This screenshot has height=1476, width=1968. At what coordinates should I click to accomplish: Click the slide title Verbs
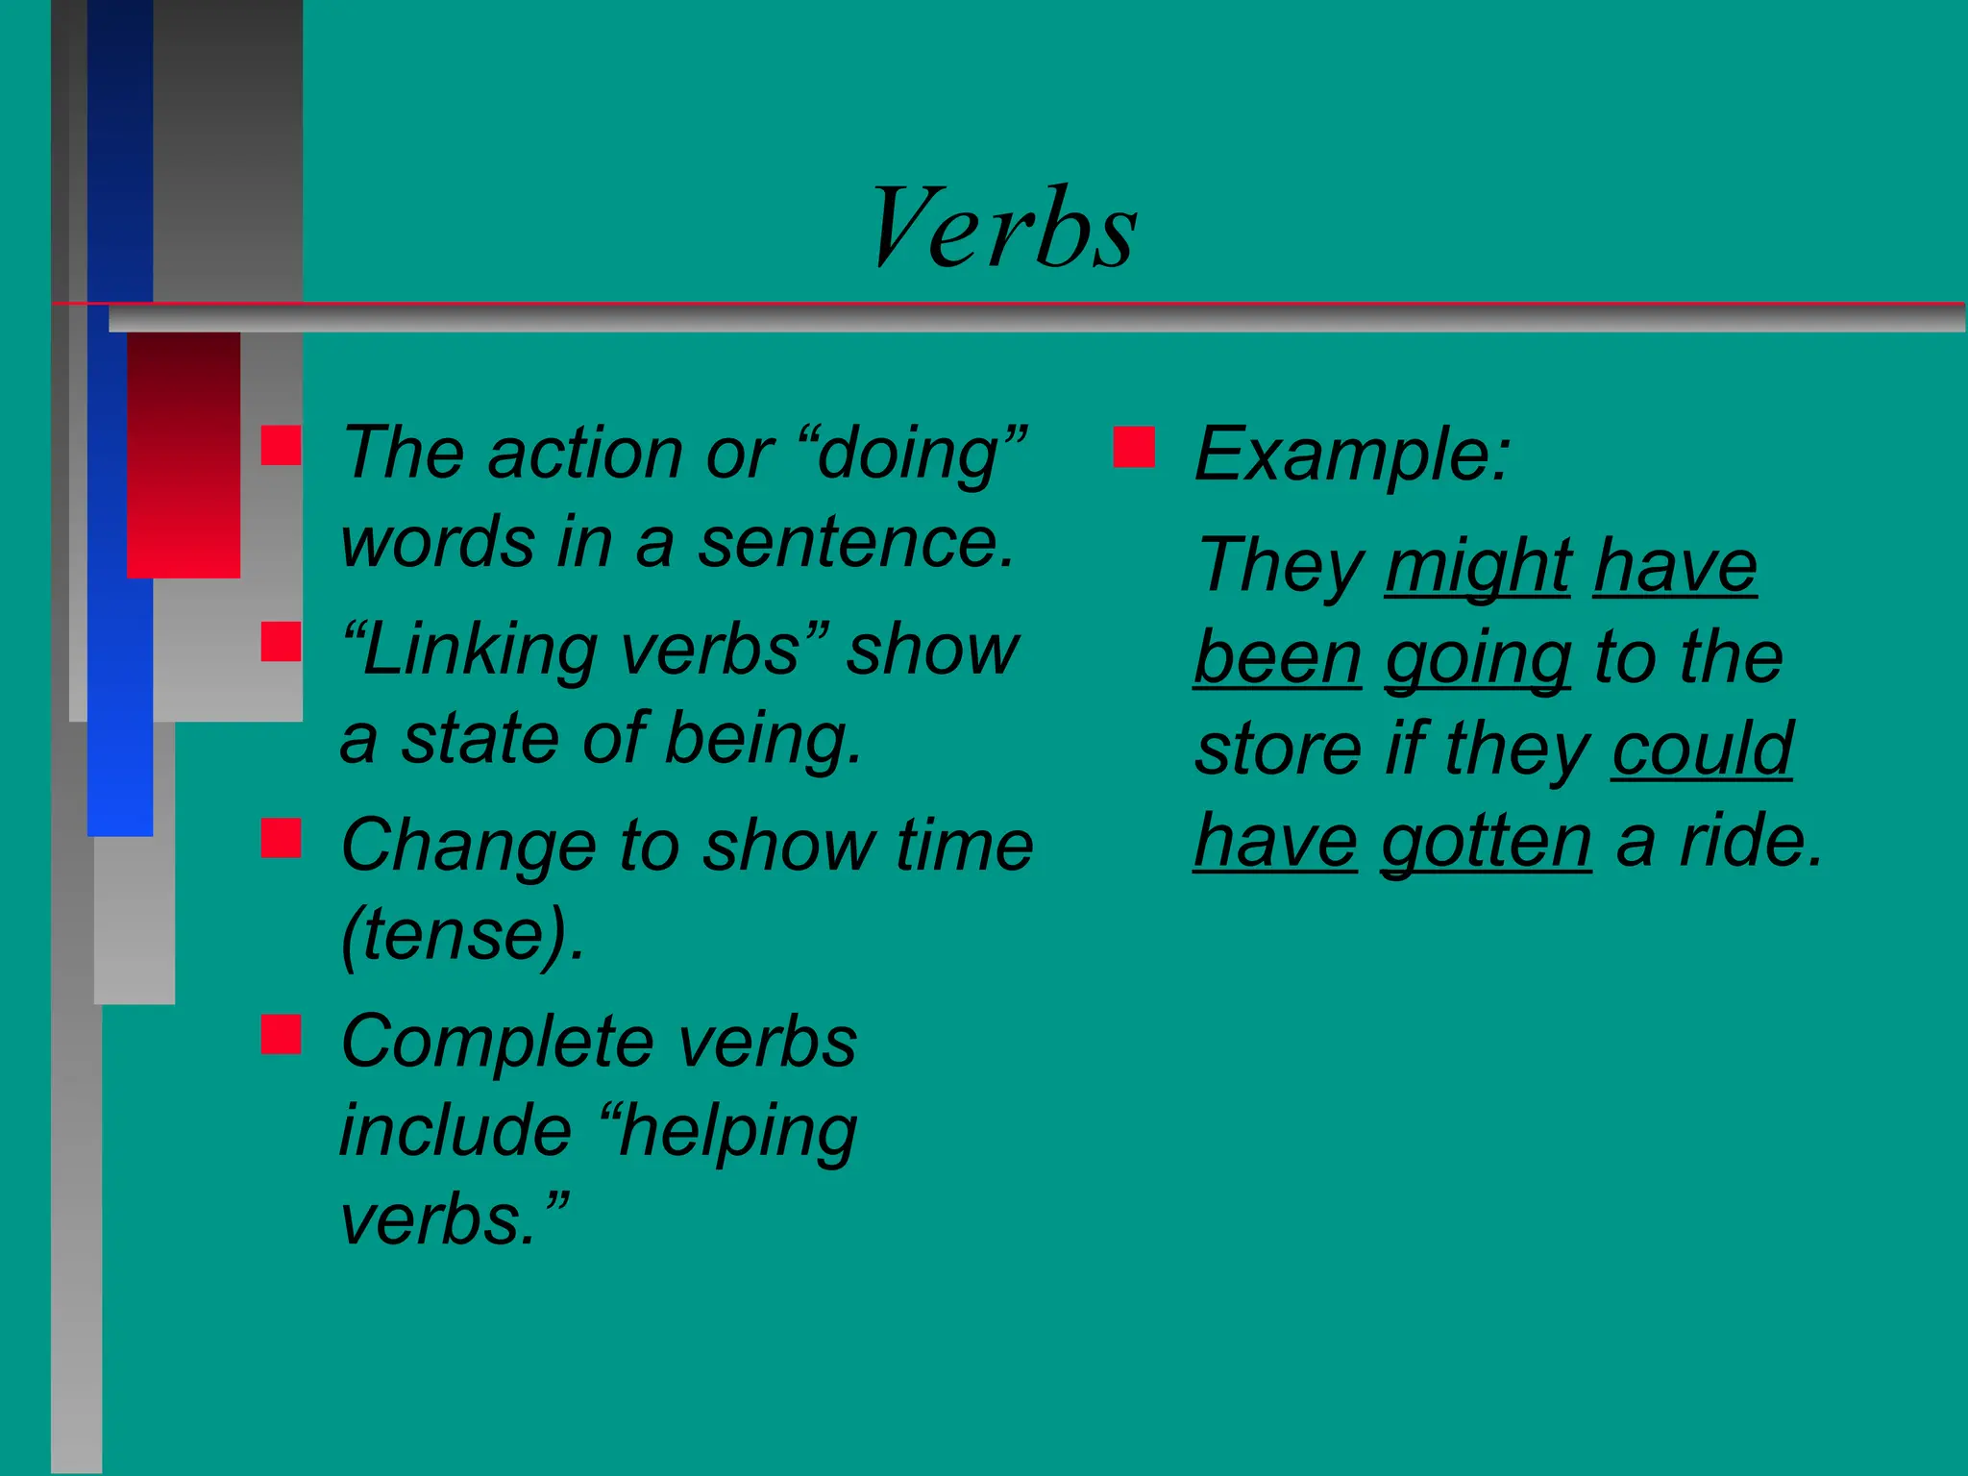1003,229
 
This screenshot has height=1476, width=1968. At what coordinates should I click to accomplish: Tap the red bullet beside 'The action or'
281,446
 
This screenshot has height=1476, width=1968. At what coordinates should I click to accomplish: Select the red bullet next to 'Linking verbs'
281,641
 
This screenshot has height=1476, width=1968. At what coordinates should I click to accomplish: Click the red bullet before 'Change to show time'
281,837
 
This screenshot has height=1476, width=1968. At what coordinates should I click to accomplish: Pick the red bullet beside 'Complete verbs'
281,1034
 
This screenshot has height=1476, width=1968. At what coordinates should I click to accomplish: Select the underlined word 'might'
1477,567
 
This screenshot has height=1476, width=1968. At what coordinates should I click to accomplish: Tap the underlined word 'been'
1277,658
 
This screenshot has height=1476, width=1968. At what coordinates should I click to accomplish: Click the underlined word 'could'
1702,749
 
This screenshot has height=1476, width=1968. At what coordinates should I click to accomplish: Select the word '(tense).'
463,936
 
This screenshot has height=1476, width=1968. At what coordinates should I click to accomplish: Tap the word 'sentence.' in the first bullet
855,543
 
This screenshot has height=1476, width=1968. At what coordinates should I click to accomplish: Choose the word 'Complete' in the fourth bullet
498,1042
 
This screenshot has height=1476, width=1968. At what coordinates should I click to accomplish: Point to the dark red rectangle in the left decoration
184,455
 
